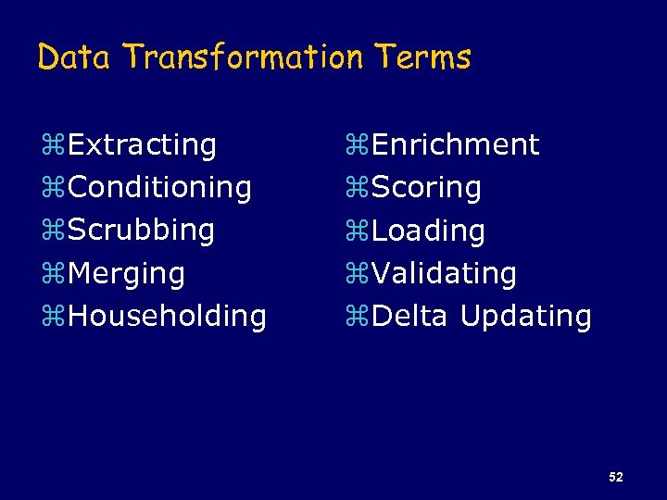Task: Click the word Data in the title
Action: pos(73,57)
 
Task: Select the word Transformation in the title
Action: pos(243,57)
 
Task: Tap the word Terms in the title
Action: pos(423,57)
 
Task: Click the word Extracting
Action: pos(142,144)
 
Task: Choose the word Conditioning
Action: pos(159,187)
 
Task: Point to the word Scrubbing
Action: pos(141,230)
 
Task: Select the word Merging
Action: pos(126,273)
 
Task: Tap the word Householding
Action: pos(167,316)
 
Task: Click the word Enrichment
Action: pos(455,144)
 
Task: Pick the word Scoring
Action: pos(426,187)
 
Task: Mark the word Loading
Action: pos(428,231)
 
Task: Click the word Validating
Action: pos(444,273)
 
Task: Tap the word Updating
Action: pos(525,317)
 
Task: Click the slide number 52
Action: pos(616,477)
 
